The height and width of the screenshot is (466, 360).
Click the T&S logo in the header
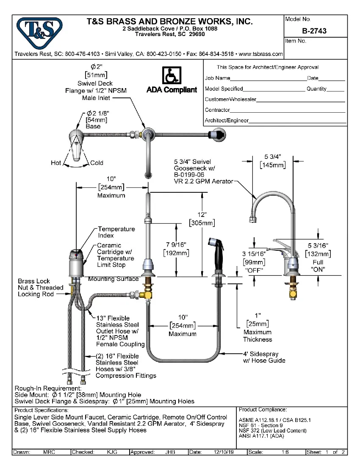[39, 31]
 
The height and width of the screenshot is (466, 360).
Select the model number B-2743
[314, 31]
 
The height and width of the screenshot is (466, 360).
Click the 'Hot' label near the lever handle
[56, 163]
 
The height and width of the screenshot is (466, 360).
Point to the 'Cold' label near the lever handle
[97, 163]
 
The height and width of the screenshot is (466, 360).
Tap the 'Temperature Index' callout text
[116, 232]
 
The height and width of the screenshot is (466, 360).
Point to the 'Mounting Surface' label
[113, 279]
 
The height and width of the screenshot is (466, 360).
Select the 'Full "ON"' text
[317, 266]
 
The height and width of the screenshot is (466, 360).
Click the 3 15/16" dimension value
[254, 253]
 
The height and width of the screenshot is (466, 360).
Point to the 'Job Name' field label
[217, 78]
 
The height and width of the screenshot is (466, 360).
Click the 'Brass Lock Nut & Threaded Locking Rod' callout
[40, 287]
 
